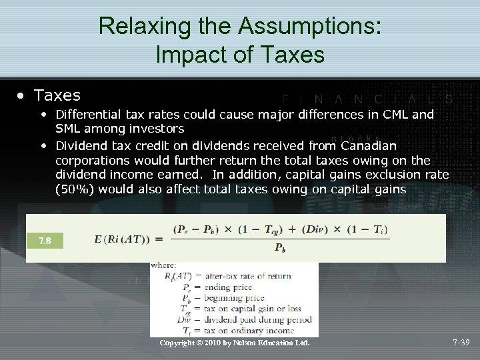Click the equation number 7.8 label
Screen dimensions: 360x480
45,239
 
